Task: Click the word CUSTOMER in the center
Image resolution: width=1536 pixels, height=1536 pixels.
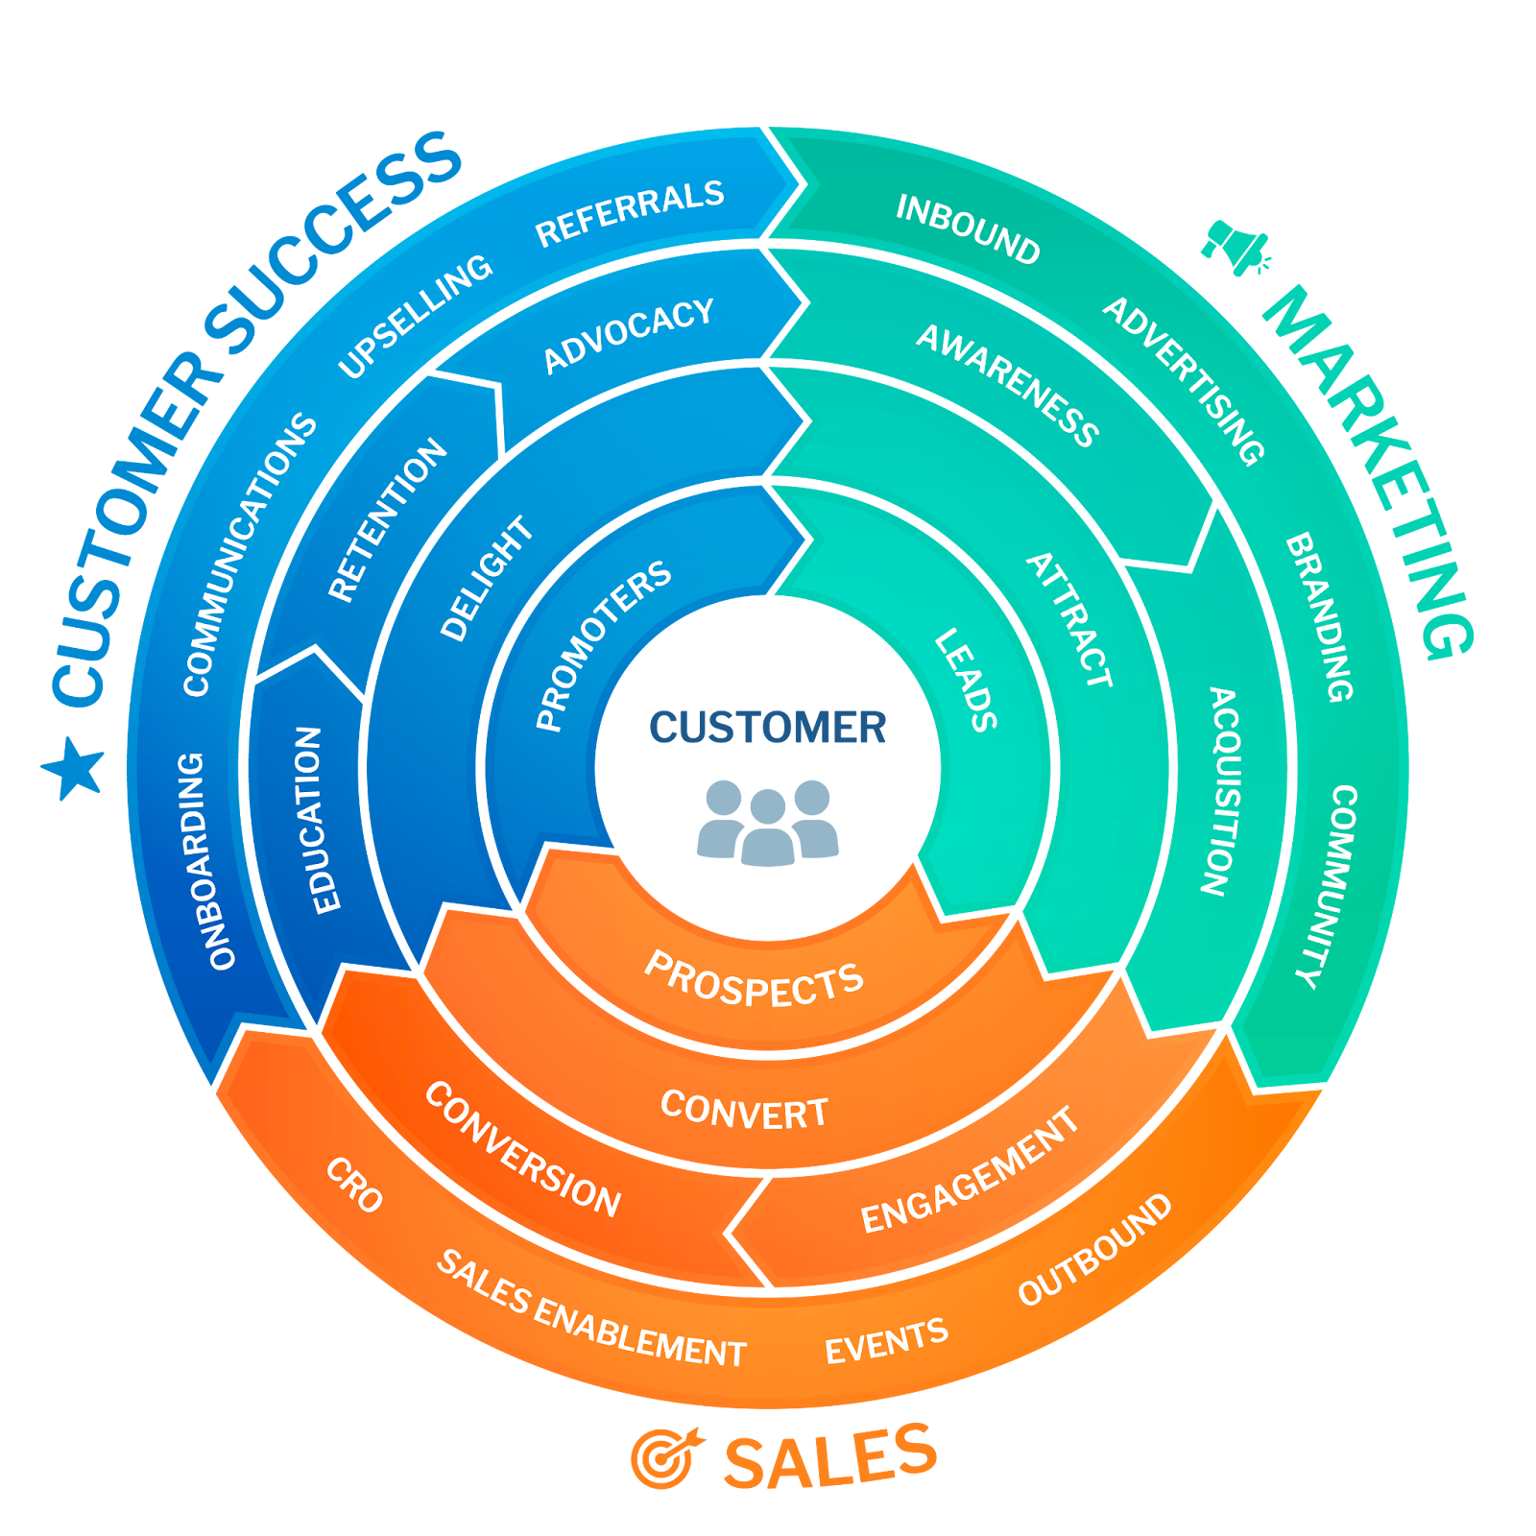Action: pos(768,727)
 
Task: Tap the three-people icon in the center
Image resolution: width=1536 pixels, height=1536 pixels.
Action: pos(768,822)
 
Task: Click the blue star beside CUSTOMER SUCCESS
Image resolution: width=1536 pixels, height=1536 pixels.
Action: pos(73,768)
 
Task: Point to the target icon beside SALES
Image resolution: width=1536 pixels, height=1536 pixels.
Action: pos(665,1457)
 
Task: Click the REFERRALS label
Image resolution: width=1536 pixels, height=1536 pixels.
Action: pos(629,212)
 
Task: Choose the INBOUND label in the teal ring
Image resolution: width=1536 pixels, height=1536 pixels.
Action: pos(968,229)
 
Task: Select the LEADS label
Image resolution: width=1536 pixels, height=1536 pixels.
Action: pos(966,680)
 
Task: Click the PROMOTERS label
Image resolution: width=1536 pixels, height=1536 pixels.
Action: pos(602,644)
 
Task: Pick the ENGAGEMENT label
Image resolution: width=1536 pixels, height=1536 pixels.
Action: pos(970,1171)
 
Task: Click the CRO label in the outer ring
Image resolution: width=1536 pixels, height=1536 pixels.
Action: pos(354,1185)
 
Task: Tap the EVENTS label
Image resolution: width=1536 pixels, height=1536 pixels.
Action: pos(886,1340)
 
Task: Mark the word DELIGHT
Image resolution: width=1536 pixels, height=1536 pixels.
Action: pos(486,578)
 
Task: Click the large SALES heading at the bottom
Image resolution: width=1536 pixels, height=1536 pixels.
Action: pos(829,1457)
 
